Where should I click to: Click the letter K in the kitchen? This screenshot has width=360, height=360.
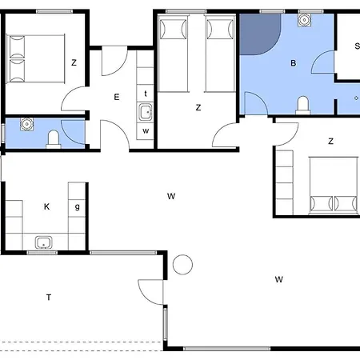click(46, 206)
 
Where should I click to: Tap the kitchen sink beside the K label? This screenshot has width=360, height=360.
click(43, 242)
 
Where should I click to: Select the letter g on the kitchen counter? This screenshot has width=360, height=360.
click(78, 206)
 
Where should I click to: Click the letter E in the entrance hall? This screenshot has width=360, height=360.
click(117, 97)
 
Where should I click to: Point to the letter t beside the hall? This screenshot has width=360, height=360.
click(146, 94)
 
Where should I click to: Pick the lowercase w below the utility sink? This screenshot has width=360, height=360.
click(146, 131)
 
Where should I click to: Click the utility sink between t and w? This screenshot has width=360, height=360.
click(146, 112)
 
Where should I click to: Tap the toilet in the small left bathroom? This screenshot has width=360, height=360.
click(54, 139)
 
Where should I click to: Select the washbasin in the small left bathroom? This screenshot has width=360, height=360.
click(26, 124)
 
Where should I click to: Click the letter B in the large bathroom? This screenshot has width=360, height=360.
click(294, 63)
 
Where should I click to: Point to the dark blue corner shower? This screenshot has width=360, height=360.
click(258, 34)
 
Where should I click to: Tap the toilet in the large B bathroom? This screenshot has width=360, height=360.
click(303, 106)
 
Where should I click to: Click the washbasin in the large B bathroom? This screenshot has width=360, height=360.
click(304, 20)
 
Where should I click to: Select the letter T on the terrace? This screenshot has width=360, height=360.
click(49, 298)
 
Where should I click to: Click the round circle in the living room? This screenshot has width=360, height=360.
click(182, 265)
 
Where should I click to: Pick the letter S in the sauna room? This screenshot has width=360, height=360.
click(358, 46)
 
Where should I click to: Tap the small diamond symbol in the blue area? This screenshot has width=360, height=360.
click(356, 98)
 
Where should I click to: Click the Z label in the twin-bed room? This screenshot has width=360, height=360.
click(198, 107)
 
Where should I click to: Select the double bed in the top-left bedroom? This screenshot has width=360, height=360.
click(35, 58)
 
